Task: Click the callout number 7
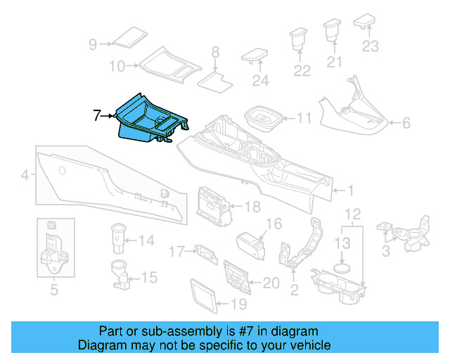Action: [x=98, y=115]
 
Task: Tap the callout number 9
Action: [x=93, y=44]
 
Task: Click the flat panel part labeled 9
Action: [x=128, y=37]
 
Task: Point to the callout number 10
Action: [x=117, y=66]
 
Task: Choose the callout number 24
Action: [x=260, y=81]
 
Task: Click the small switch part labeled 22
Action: [x=300, y=40]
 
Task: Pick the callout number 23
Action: [x=370, y=47]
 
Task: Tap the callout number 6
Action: [x=406, y=124]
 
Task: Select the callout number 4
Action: [x=25, y=175]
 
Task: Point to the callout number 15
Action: [x=150, y=278]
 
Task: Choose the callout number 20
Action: [x=271, y=283]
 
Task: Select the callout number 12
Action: [x=353, y=213]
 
